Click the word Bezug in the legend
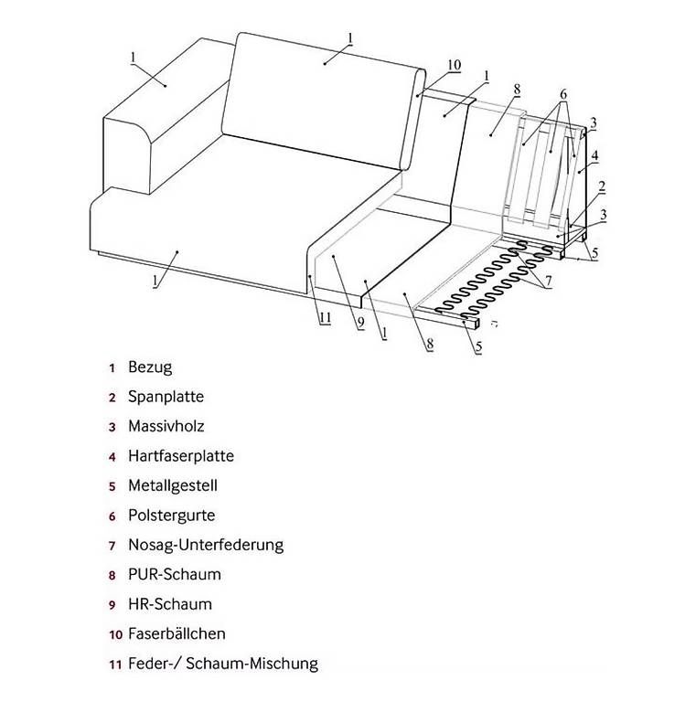150,367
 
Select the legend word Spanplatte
166,397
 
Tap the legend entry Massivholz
166,426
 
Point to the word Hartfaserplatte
181,456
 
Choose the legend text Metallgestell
173,485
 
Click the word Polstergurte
172,516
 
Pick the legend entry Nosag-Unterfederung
206,545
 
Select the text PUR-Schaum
175,574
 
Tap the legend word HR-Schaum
170,604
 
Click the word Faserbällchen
177,633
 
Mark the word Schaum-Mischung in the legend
252,663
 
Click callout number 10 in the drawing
455,65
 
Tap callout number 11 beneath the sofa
325,318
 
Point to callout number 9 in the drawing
361,323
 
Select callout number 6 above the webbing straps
563,94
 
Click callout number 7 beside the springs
548,282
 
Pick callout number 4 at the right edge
594,155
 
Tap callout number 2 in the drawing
602,186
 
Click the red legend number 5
112,486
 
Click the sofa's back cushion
323,101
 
